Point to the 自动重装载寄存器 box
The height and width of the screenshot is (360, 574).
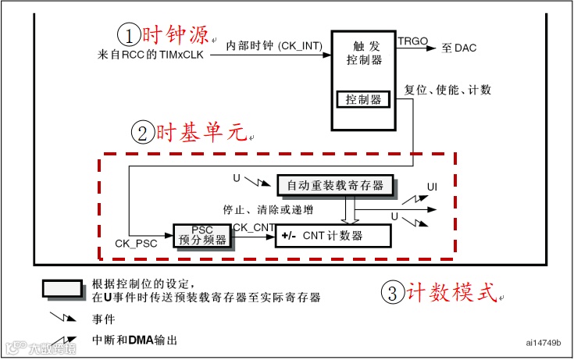point(336,185)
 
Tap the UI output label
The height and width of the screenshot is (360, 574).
point(431,188)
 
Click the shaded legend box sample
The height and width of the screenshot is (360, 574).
point(62,290)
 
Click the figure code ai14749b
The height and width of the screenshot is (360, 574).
point(544,343)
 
